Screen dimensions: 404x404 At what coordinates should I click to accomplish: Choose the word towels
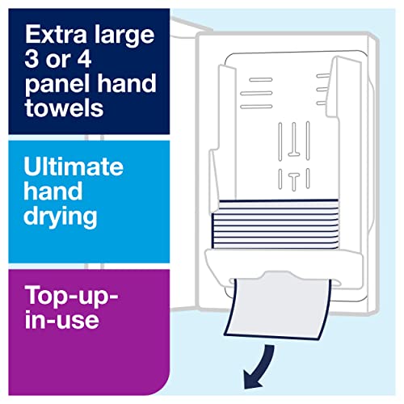(65, 107)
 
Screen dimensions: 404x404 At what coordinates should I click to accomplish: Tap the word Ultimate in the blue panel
(74, 166)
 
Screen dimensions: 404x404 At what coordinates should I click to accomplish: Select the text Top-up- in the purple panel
(72, 297)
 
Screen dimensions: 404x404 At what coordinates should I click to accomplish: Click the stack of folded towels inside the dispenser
(276, 224)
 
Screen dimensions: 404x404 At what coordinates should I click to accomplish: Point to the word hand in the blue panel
(53, 191)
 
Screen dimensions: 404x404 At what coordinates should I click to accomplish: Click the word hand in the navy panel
(126, 83)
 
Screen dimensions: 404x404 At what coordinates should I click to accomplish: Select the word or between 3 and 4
(57, 61)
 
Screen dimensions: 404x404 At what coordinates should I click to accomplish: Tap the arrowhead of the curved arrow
(252, 379)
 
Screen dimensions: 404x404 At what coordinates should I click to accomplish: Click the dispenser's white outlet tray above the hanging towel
(284, 265)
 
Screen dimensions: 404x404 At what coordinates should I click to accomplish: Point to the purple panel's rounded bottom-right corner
(165, 390)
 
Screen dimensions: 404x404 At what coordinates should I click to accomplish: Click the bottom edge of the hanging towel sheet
(272, 338)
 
